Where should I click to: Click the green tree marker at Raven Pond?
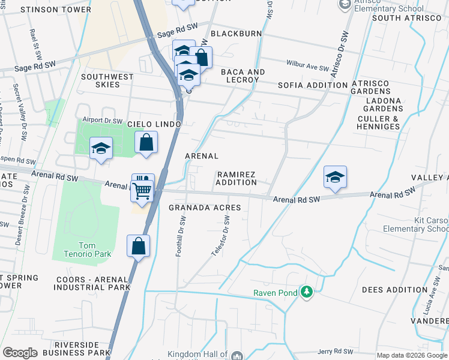pos(307,292)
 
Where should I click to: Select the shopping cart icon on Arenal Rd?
pos(142,191)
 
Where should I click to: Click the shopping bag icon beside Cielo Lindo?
pos(146,143)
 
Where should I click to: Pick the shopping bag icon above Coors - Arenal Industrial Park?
pos(138,247)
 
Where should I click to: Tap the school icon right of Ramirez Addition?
pos(335,178)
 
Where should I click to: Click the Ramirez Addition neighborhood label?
pos(236,178)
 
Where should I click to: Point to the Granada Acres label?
pos(204,208)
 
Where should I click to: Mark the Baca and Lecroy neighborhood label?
pos(243,76)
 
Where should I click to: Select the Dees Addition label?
pos(393,289)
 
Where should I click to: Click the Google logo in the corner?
pos(20,352)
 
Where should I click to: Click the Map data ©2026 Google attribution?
pos(411,355)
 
